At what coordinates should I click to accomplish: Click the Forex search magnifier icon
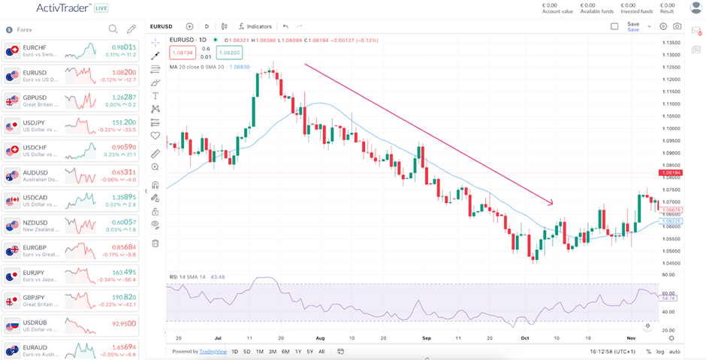(113, 29)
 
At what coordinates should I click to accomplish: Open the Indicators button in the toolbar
(255, 26)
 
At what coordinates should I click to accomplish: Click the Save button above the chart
(633, 26)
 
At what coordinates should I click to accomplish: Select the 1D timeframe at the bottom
(235, 352)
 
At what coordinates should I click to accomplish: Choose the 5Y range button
(309, 352)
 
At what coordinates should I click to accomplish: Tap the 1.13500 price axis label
(671, 43)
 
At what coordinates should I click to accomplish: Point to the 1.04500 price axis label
(671, 263)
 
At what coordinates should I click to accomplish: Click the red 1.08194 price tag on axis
(670, 173)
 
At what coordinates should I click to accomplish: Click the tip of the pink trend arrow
(553, 203)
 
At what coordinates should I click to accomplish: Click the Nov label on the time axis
(632, 338)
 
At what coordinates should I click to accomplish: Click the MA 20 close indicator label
(197, 67)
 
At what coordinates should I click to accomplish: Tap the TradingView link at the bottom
(216, 352)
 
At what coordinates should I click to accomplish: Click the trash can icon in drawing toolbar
(155, 243)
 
